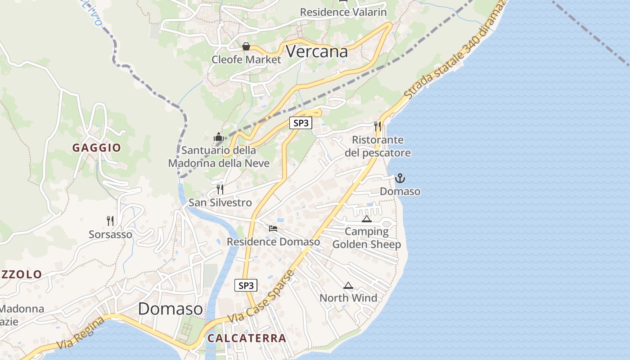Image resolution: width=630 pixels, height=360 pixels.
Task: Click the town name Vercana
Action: pyautogui.click(x=317, y=52)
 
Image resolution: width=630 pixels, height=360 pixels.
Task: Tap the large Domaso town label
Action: pyautogui.click(x=170, y=309)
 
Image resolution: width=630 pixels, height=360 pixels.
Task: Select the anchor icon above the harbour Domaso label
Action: pyautogui.click(x=400, y=179)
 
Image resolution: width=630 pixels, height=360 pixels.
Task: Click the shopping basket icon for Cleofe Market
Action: pyautogui.click(x=246, y=46)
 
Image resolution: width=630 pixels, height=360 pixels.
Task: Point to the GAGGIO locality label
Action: pyautogui.click(x=97, y=148)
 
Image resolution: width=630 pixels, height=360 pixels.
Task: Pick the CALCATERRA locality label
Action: pyautogui.click(x=247, y=338)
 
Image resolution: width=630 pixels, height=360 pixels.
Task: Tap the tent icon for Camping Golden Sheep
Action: pyautogui.click(x=367, y=219)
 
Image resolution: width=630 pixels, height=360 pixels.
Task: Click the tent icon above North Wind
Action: pyautogui.click(x=348, y=286)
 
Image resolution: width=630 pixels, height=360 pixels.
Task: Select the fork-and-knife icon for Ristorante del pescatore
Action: pyautogui.click(x=378, y=126)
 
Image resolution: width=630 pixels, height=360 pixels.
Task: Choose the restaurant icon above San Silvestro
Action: pyautogui.click(x=220, y=189)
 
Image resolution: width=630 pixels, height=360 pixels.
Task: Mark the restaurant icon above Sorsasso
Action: pyautogui.click(x=110, y=220)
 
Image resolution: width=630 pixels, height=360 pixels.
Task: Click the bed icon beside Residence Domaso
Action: pyautogui.click(x=273, y=229)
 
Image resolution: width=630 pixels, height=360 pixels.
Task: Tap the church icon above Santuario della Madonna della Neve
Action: pyautogui.click(x=219, y=137)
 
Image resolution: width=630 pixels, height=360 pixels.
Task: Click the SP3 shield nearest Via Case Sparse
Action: pyautogui.click(x=246, y=285)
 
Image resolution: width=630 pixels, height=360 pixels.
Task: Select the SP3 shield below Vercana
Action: pyautogui.click(x=301, y=122)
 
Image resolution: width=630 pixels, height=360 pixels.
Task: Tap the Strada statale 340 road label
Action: pyautogui.click(x=454, y=49)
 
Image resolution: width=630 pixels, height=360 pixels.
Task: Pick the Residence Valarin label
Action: pyautogui.click(x=343, y=12)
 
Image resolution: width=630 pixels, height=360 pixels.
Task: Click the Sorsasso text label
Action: pyautogui.click(x=111, y=234)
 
